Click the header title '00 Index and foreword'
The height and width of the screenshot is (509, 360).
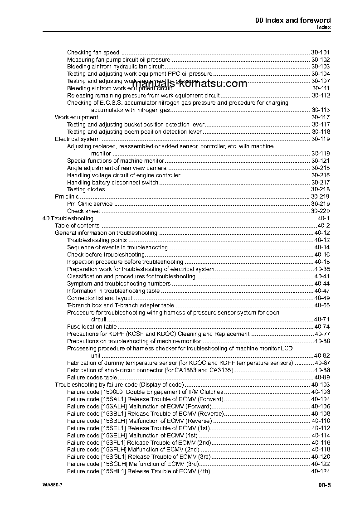point(292,20)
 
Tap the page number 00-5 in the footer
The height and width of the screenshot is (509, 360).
point(324,486)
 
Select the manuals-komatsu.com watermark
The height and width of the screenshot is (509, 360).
point(190,84)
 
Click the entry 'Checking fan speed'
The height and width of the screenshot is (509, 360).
point(93,52)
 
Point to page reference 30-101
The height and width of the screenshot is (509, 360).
point(321,52)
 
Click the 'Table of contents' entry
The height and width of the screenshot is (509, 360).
point(77,226)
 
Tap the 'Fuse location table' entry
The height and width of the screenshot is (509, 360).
point(92,327)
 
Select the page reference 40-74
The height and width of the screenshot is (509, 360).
point(322,327)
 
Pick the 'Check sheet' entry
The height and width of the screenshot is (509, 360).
point(83,211)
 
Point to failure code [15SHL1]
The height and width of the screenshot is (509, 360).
point(113,471)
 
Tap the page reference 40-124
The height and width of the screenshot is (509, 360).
point(321,471)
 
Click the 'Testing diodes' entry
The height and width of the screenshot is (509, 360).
point(86,189)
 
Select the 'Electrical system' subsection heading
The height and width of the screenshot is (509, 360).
point(77,139)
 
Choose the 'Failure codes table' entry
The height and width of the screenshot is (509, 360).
point(92,378)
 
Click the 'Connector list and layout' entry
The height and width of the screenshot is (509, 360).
point(100,298)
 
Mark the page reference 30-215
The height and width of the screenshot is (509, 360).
point(321,168)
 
